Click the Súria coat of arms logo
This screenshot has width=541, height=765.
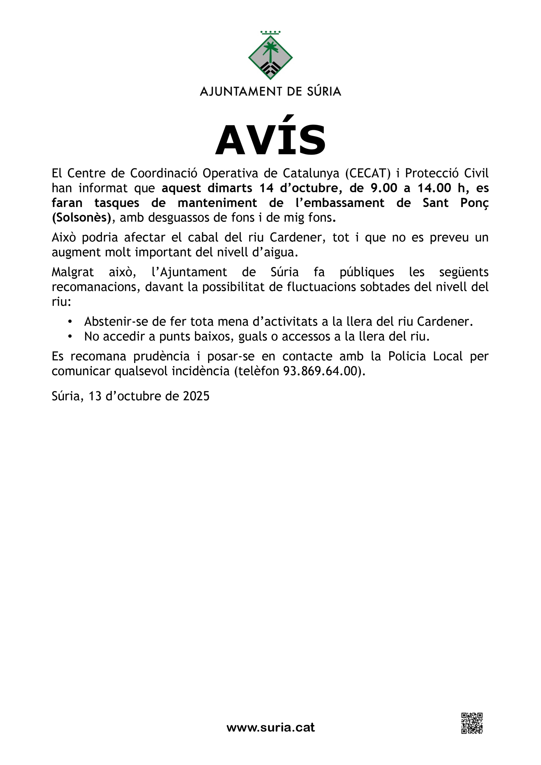270,56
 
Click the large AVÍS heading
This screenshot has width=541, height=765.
270,140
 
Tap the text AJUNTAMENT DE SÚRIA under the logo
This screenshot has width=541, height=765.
270,91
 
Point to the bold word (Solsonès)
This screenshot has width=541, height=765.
81,218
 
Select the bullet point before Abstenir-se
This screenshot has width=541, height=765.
70,322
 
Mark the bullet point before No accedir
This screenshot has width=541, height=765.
70,337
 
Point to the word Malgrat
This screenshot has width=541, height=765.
73,272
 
